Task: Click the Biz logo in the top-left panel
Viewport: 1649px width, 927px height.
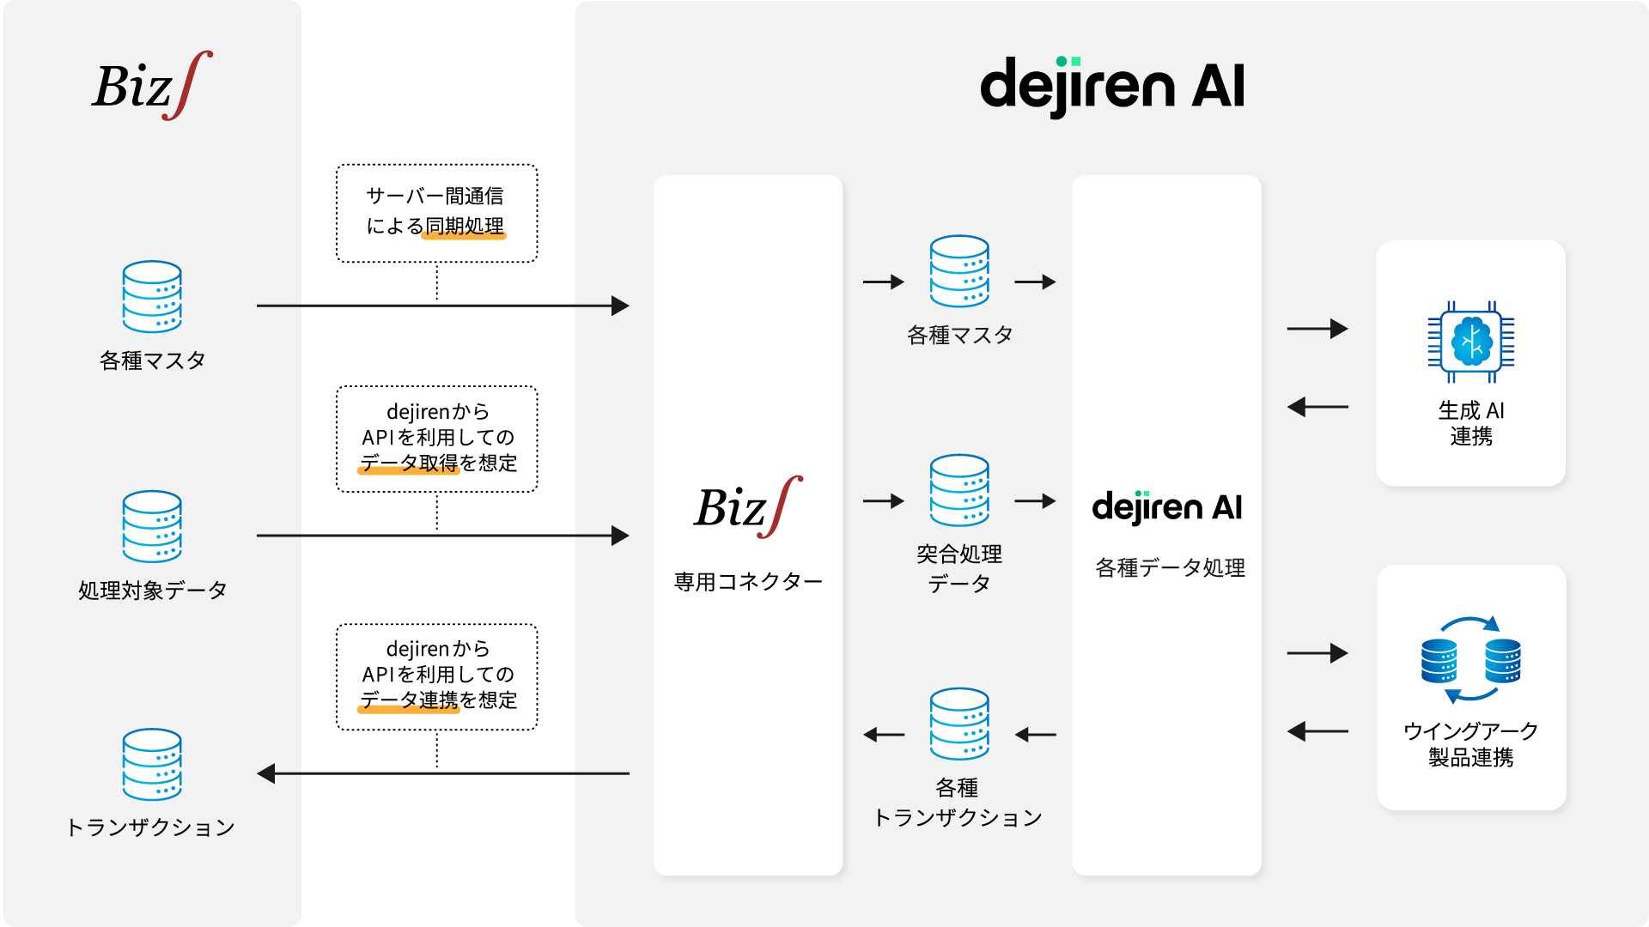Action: pos(152,85)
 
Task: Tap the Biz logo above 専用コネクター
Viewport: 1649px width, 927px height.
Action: pos(748,506)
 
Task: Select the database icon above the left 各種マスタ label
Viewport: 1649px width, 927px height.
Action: pos(152,297)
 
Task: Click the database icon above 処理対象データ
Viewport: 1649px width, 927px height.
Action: pos(152,527)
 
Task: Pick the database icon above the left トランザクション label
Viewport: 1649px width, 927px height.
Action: pos(152,765)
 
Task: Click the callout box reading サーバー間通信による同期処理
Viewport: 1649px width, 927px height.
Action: pos(437,213)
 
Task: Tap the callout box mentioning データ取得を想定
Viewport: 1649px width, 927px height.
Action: pos(437,439)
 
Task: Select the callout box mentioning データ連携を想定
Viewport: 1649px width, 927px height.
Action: pos(437,676)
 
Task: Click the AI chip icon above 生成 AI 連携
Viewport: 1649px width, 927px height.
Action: pos(1471,342)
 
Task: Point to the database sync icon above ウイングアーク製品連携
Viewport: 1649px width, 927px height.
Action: pos(1471,659)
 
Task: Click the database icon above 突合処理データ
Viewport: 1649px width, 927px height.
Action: pos(959,490)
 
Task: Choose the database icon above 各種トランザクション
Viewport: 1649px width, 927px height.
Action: pos(959,724)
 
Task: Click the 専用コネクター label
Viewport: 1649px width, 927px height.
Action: pos(748,582)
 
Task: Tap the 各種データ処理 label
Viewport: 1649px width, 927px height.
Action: pos(1170,567)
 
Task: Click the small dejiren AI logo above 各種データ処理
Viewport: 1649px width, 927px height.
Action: pos(1167,507)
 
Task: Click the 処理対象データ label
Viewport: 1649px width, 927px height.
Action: pos(152,591)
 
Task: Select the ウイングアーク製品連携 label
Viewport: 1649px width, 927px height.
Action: pos(1471,744)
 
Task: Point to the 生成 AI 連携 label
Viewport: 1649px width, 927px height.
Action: pos(1471,423)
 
